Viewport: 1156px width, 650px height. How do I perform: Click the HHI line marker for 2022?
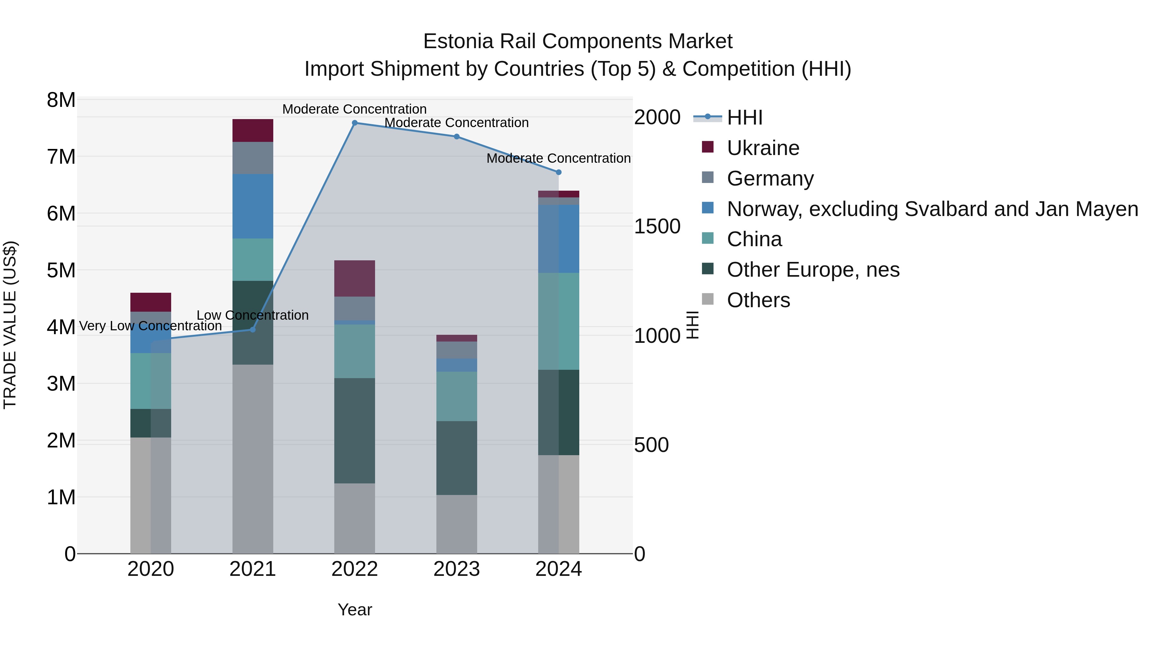[355, 123]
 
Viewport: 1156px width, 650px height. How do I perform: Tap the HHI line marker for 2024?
[558, 172]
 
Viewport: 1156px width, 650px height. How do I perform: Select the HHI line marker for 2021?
[253, 330]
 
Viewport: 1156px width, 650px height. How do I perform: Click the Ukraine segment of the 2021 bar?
[253, 131]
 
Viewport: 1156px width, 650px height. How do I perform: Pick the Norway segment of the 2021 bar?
[253, 206]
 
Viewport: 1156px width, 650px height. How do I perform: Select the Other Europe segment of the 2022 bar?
[355, 431]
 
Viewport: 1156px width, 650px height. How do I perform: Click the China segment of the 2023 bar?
[456, 396]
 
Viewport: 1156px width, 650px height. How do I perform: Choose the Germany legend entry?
[770, 178]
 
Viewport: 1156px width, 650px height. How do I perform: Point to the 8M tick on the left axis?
[61, 100]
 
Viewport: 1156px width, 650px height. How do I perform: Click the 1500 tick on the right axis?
[657, 227]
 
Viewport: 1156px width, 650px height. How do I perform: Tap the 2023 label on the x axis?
[456, 569]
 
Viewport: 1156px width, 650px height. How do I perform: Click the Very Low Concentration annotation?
[150, 326]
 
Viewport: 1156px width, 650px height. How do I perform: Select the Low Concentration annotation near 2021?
[253, 315]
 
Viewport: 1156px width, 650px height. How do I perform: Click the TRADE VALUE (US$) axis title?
[10, 325]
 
